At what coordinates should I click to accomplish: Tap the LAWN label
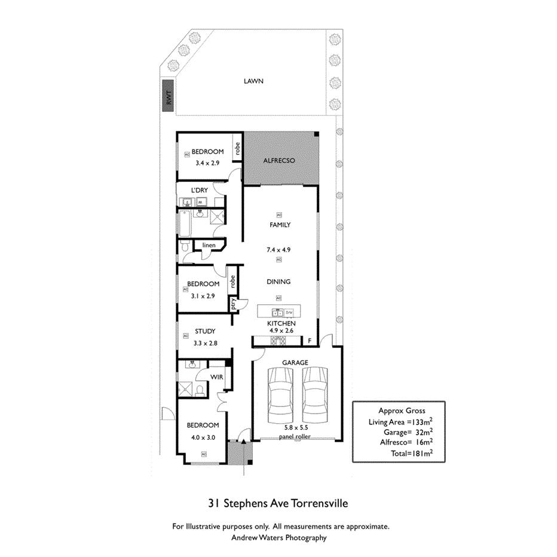253,81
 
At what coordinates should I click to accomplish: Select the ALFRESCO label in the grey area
280,161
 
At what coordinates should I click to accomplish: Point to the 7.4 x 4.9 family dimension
278,250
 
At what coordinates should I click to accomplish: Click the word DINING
278,281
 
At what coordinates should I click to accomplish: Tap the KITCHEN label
281,323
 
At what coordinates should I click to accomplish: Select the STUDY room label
205,331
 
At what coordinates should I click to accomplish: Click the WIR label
216,377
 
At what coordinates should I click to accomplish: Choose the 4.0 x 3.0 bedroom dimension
203,437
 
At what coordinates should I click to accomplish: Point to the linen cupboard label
209,245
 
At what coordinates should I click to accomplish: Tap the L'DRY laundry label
199,190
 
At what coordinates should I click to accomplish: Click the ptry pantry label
234,304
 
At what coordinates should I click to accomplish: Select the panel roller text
295,437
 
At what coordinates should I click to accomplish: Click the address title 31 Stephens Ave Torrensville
278,503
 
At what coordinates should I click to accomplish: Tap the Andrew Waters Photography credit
278,537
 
